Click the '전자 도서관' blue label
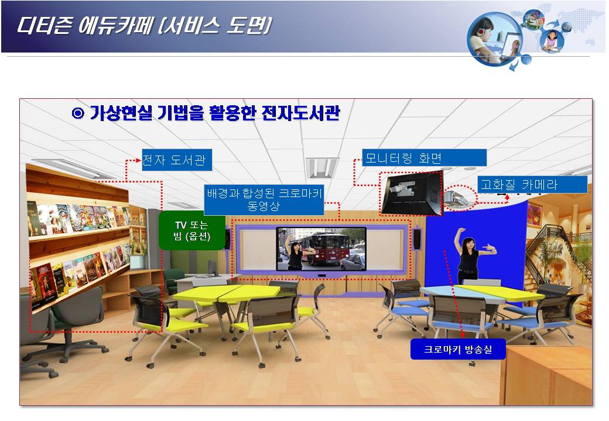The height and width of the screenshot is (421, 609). point(177,160)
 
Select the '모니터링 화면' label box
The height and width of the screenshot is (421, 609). point(424,158)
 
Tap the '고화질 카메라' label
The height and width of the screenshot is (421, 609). point(532,185)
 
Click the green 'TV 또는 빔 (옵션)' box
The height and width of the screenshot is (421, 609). point(192,230)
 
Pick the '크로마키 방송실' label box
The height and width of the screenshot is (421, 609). point(458,349)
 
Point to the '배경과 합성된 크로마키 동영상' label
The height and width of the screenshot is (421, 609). point(264,199)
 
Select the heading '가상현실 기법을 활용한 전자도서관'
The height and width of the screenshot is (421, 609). point(215,113)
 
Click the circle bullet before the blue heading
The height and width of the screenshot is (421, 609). point(78,113)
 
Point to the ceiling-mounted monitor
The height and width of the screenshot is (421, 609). point(412,194)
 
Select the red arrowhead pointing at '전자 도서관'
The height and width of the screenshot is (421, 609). point(138,160)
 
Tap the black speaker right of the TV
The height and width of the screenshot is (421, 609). point(417,239)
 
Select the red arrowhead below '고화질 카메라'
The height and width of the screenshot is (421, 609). point(507,197)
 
